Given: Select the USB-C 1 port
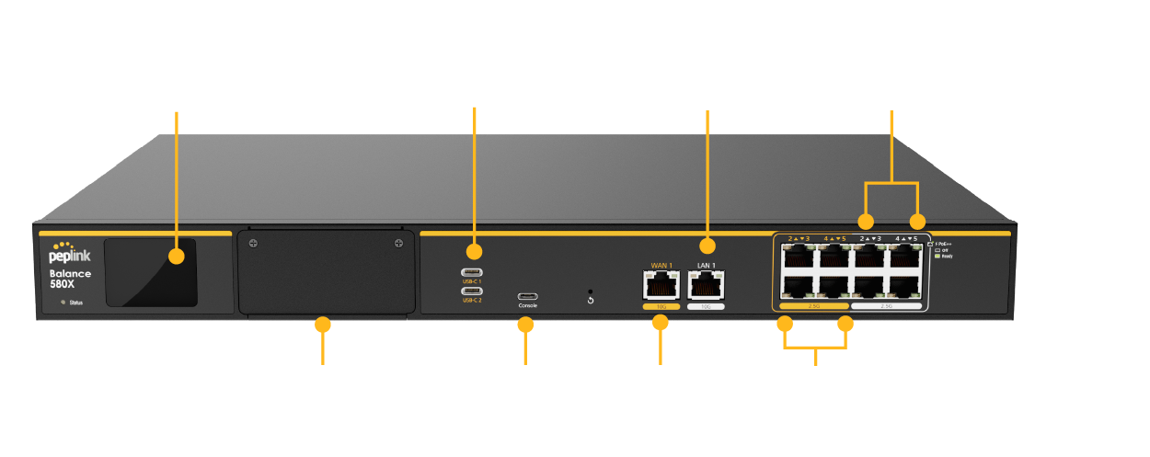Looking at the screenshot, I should [x=474, y=272].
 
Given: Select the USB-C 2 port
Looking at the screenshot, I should [x=474, y=291].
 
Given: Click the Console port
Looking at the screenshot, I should [x=528, y=296].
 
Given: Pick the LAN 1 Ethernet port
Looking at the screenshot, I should [x=706, y=285].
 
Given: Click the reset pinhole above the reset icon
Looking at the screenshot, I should [x=590, y=291].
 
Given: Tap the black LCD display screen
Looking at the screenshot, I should [x=151, y=272].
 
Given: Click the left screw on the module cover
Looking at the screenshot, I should [x=254, y=244].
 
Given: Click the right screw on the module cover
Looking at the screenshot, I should [x=398, y=244].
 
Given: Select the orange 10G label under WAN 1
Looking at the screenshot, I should [x=661, y=307].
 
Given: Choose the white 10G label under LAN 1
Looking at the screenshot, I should [x=706, y=307].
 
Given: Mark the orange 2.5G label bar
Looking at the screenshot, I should [x=813, y=305].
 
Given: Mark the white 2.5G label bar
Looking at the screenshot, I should [x=887, y=305].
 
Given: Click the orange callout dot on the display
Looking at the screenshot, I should [x=177, y=255].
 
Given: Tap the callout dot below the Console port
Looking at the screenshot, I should [x=525, y=325].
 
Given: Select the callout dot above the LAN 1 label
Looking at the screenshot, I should [x=707, y=246].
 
